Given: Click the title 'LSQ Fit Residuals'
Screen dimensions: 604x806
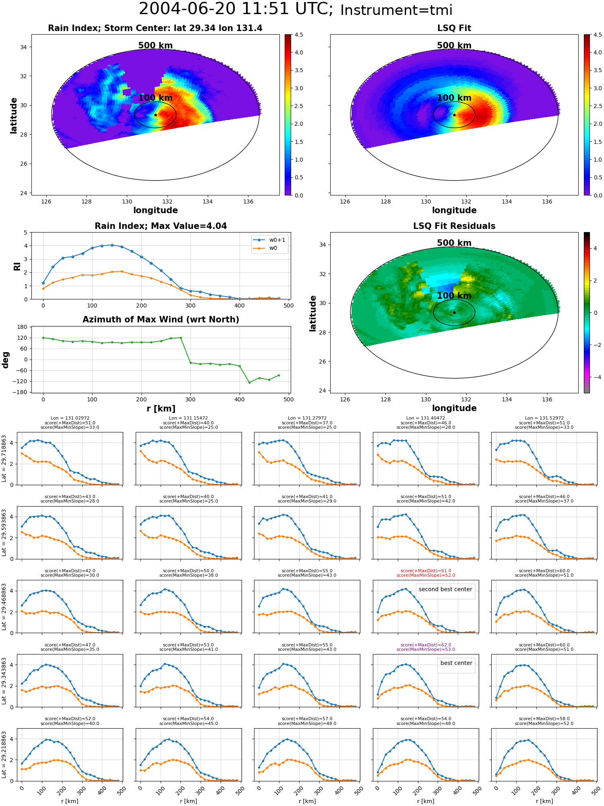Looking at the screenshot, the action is [x=454, y=226].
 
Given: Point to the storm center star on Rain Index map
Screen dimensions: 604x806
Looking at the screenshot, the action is [x=155, y=115].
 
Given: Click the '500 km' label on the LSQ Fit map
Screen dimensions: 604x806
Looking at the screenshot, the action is [x=454, y=46].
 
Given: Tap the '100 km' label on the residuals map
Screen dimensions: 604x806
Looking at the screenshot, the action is [x=454, y=296].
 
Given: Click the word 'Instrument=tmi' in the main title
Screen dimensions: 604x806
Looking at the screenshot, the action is [x=396, y=10].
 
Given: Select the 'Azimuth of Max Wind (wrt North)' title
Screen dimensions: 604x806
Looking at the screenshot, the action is [x=161, y=320].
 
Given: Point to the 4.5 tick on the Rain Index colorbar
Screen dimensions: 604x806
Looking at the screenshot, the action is [x=299, y=35].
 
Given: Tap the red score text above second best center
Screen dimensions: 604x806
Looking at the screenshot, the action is [x=426, y=573].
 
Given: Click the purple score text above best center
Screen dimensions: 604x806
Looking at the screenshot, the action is [x=426, y=647].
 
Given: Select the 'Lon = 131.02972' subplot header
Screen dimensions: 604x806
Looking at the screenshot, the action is [x=70, y=418].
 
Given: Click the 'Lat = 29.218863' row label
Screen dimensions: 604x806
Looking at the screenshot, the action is [x=4, y=755].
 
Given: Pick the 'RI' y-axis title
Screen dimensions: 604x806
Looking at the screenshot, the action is [x=17, y=266].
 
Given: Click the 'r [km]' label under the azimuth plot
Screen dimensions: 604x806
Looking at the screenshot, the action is [x=161, y=409].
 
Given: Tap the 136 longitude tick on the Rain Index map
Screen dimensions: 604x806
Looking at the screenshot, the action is [x=248, y=201].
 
